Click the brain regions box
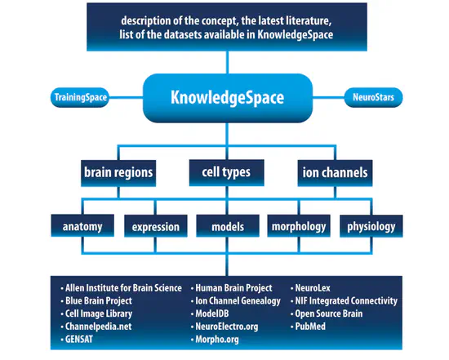[118, 173]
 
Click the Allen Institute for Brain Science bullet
[118, 289]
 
